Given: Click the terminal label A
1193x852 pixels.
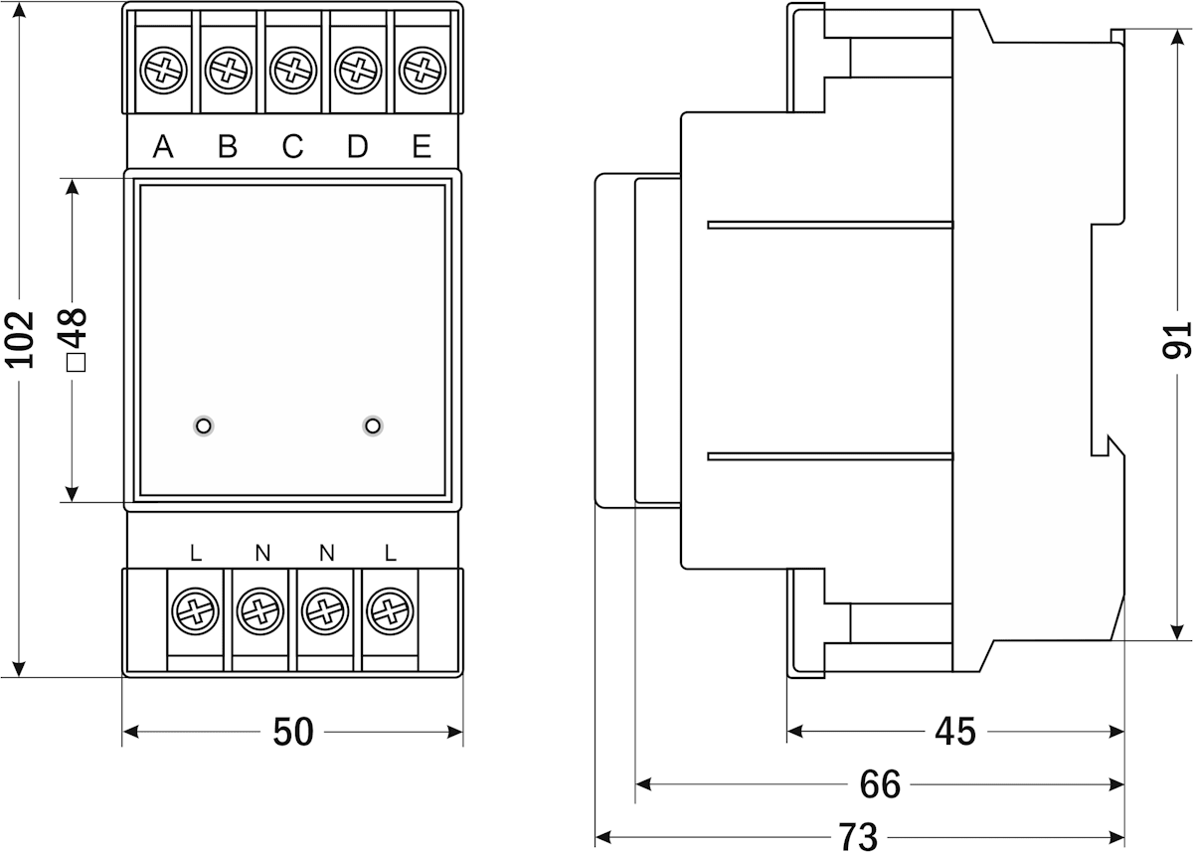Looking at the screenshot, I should [164, 147].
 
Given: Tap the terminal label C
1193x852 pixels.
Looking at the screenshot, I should [292, 147].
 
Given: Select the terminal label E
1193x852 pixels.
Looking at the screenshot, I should [422, 147].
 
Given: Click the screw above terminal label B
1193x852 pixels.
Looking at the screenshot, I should [228, 71].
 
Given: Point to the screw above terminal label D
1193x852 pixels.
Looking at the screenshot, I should [357, 71].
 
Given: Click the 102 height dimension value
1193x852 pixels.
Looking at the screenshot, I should [21, 339].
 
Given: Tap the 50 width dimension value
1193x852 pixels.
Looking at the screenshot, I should [293, 733].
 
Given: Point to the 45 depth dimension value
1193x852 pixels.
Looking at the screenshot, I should [955, 732].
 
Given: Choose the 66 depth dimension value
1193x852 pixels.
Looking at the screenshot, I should [880, 784].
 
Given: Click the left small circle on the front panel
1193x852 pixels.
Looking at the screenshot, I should [203, 426].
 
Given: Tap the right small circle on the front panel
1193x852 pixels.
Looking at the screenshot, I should [373, 426].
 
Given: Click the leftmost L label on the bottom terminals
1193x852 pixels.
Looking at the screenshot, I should [196, 553].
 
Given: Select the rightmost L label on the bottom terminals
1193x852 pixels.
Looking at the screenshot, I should [390, 553].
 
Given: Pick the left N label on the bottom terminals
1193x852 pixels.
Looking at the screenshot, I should [261, 553].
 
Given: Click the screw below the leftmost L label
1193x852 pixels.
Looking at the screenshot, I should [196, 609].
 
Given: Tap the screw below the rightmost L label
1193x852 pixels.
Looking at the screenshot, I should [389, 609].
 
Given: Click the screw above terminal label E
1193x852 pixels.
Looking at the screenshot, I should [422, 71].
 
